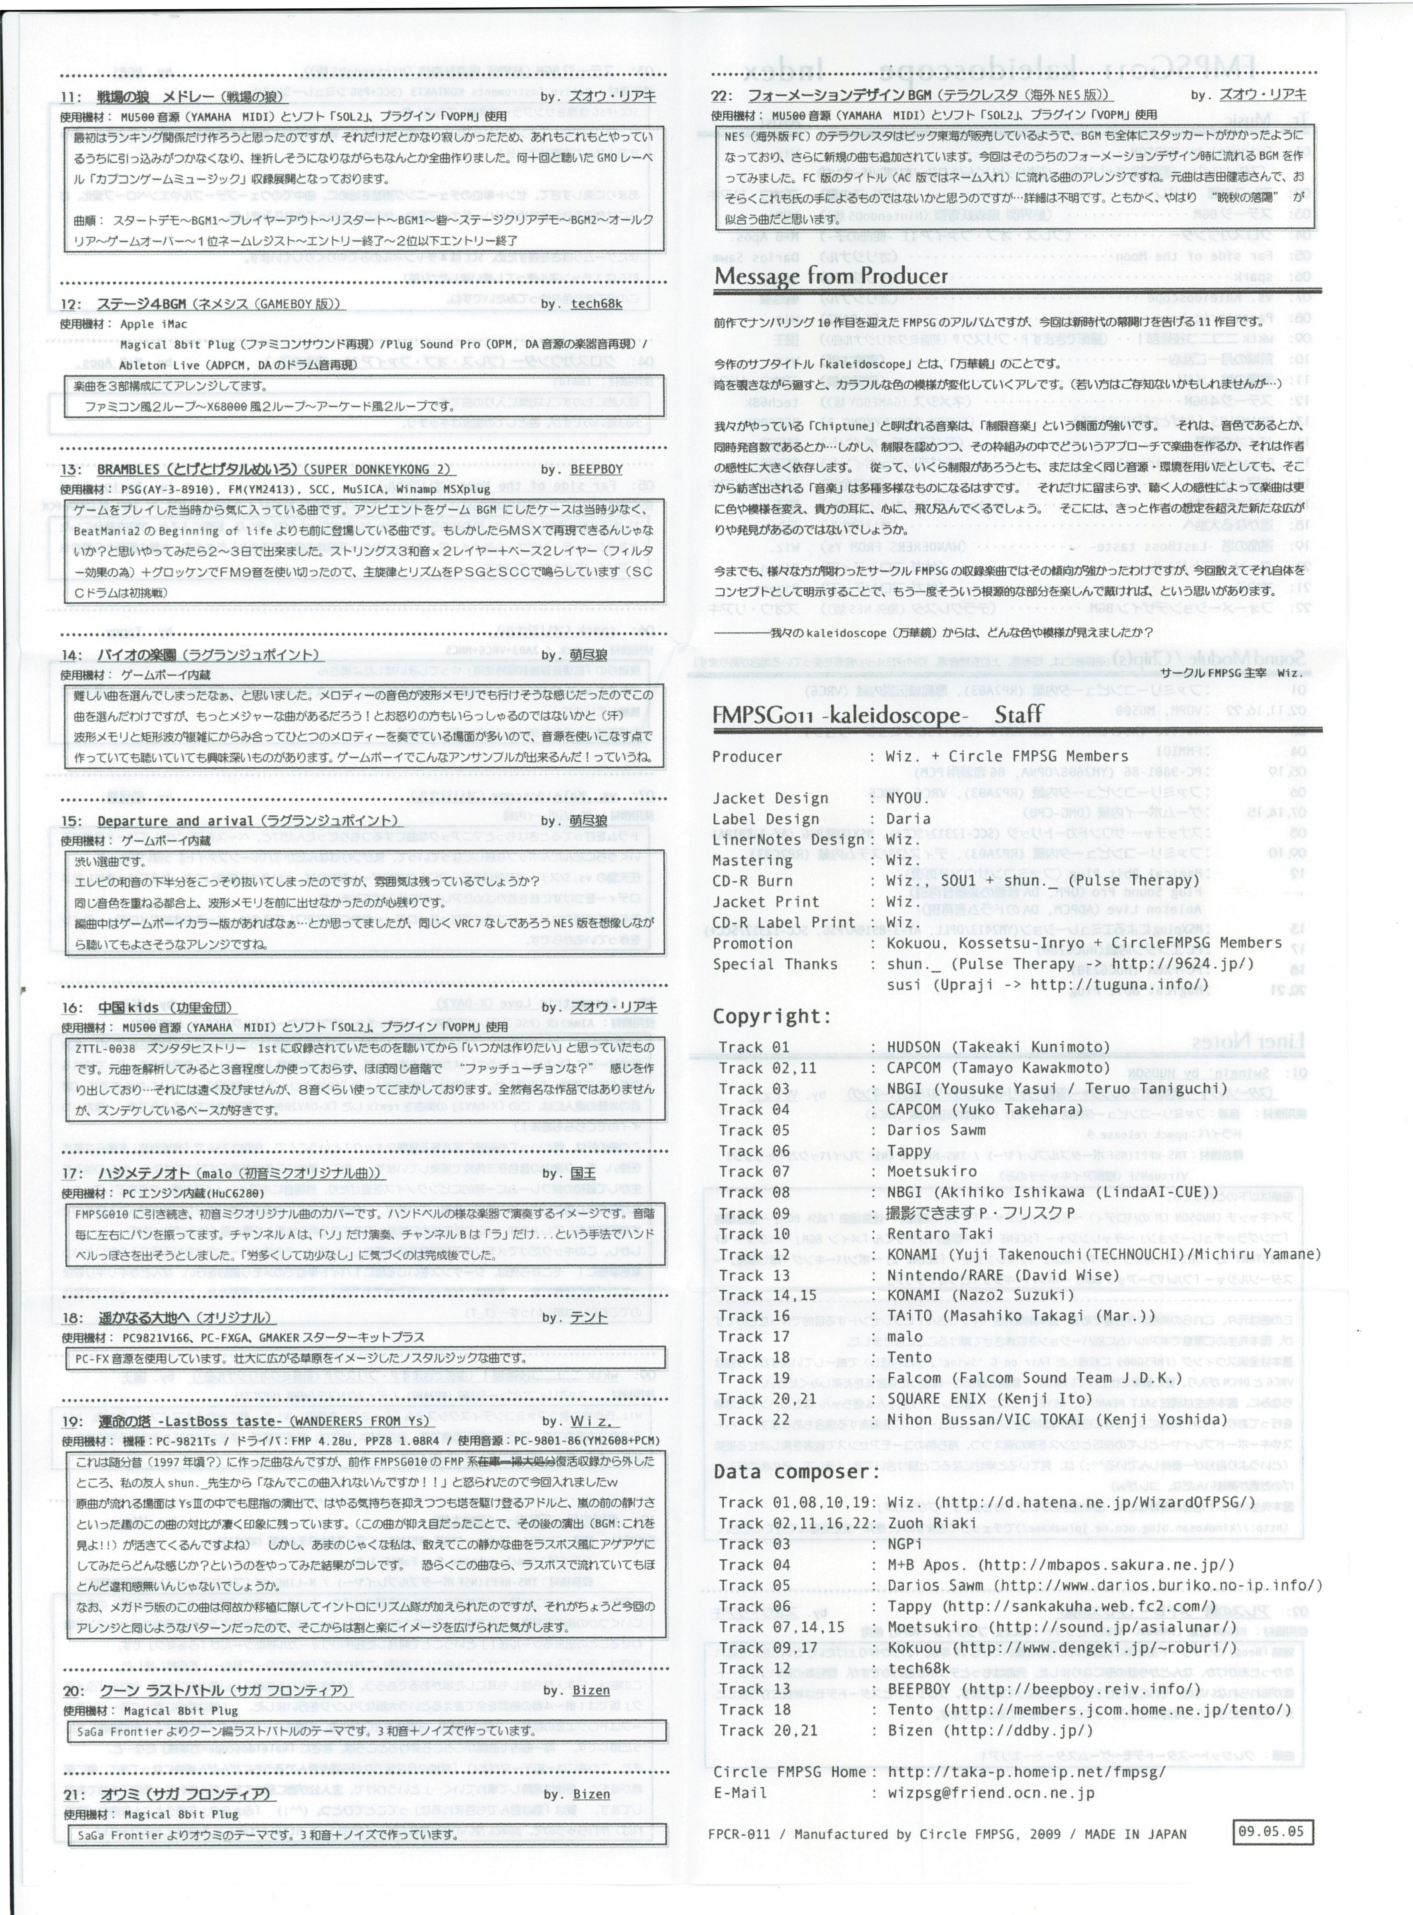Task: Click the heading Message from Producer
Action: (x=830, y=276)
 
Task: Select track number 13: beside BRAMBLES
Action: (x=71, y=469)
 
